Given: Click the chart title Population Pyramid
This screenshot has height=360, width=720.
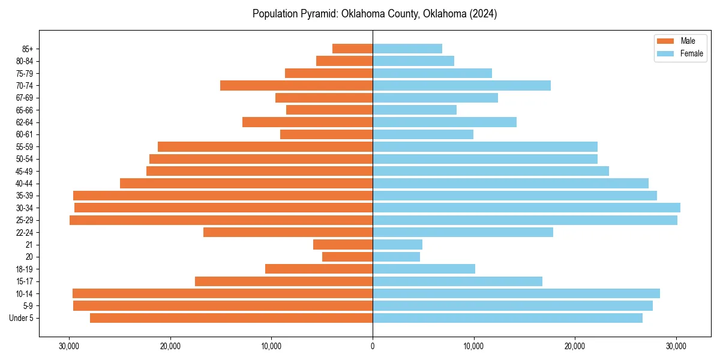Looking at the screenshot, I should click(374, 14).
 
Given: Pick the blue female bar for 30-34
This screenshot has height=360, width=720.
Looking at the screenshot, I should click(526, 208).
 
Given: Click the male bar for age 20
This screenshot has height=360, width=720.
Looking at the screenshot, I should click(347, 257).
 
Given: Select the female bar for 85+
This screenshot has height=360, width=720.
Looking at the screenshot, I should click(407, 49).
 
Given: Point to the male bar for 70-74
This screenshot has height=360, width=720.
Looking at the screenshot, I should click(296, 85).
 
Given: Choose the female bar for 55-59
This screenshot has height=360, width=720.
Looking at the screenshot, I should click(485, 146).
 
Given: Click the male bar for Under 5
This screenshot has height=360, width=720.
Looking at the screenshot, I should click(231, 318).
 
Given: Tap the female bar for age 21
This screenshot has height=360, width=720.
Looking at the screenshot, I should click(397, 245).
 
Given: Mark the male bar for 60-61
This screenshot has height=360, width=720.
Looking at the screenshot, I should click(326, 134).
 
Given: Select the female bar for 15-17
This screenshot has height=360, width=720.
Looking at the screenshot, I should click(457, 281).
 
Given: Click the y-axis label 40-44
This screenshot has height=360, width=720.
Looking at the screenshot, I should click(25, 184).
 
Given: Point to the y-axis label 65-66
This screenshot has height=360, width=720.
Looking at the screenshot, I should click(25, 110).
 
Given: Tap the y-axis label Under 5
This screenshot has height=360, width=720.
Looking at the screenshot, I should click(22, 318).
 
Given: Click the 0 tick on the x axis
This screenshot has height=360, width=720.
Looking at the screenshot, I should click(373, 346).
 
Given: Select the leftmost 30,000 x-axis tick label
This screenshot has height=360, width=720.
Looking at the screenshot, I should click(69, 346).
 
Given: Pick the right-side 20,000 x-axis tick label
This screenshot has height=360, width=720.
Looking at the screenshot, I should click(575, 346).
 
